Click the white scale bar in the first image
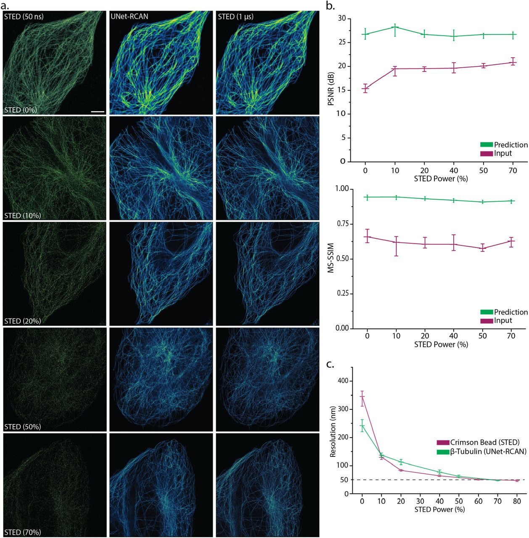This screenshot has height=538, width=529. coord(97,112)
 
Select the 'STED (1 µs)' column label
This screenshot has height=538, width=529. coord(235,17)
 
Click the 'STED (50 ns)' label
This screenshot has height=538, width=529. coord(24,17)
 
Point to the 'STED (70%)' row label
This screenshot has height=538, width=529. coord(23,532)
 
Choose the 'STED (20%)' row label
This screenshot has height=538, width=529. coord(23,321)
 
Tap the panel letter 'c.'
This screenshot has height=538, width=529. coord(330,364)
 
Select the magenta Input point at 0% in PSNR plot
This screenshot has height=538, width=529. coord(365,88)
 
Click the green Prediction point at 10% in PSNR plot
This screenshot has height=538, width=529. coord(395,27)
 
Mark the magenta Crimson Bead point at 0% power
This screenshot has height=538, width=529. coord(362,396)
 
